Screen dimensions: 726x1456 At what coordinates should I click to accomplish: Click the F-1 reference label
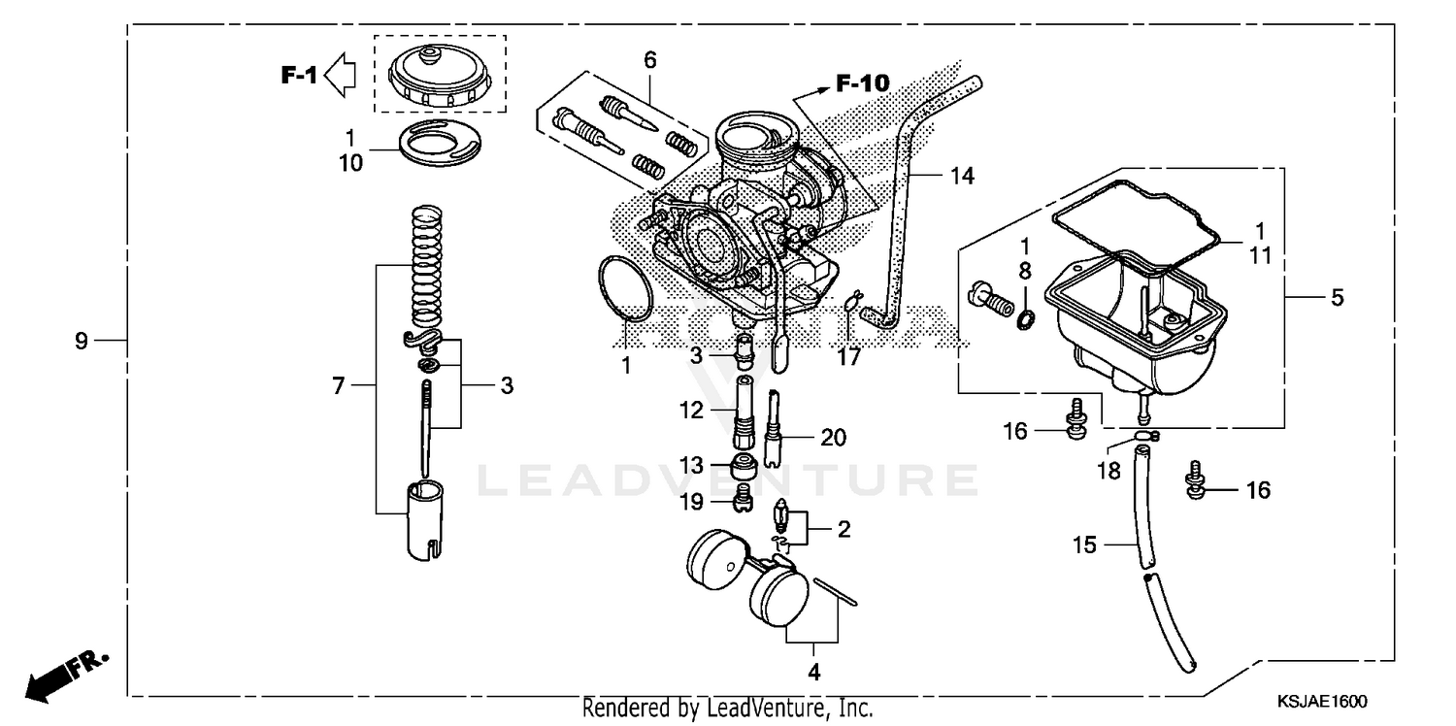coord(299,75)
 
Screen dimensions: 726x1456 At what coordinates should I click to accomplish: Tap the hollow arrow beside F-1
coord(341,75)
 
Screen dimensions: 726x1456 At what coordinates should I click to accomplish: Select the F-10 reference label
coord(861,84)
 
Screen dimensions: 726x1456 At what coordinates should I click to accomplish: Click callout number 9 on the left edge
coord(82,341)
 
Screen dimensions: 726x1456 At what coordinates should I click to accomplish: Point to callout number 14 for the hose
coord(961,176)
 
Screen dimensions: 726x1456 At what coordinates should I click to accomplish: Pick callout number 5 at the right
coord(1338,298)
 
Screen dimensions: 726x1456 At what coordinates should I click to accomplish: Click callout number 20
coord(833,438)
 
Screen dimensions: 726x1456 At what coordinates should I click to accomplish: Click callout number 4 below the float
coord(813,672)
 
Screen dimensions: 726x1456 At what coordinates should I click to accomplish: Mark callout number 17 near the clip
coord(849,357)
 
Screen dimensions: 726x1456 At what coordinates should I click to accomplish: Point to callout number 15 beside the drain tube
coord(1084,545)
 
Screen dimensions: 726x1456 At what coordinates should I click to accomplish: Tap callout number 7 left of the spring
coord(338,386)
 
